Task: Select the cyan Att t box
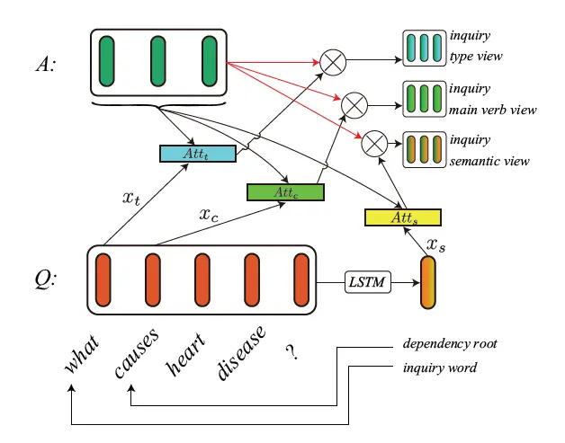(x=197, y=154)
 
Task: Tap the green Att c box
(x=284, y=191)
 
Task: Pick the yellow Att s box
(x=402, y=217)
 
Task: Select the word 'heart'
(x=186, y=354)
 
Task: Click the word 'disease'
(x=242, y=352)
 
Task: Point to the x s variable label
(x=435, y=244)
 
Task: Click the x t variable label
(x=131, y=200)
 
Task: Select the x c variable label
(x=210, y=216)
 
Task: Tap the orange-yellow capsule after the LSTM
(x=427, y=284)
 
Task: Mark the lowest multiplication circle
(x=375, y=142)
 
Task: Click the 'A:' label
(x=42, y=65)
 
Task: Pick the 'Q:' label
(x=43, y=279)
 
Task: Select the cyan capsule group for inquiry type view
(x=424, y=49)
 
